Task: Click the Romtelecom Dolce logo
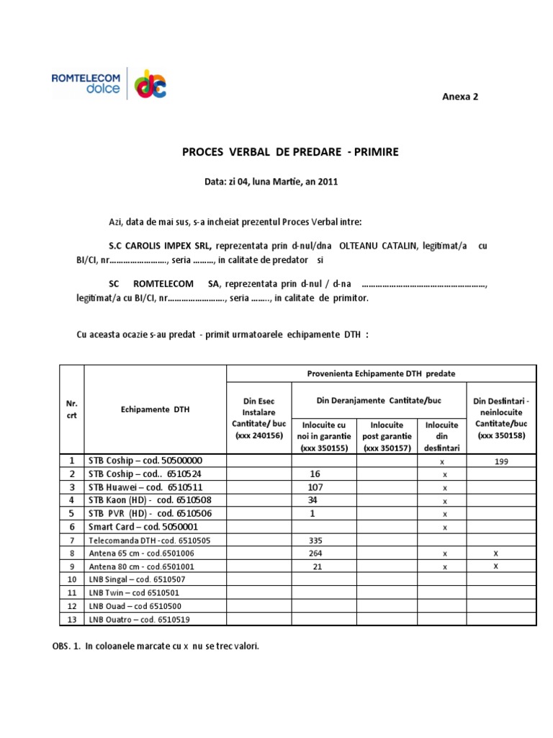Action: pyautogui.click(x=108, y=83)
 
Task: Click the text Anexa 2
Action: pyautogui.click(x=459, y=97)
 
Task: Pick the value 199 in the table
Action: pyautogui.click(x=502, y=461)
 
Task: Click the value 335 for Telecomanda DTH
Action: pyautogui.click(x=315, y=541)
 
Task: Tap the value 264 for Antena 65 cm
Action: pyautogui.click(x=315, y=553)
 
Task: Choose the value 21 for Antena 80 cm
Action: pyautogui.click(x=317, y=566)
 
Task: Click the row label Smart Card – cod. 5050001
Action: pyautogui.click(x=144, y=527)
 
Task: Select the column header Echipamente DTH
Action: pyautogui.click(x=156, y=409)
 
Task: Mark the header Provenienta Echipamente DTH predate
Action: pyautogui.click(x=381, y=373)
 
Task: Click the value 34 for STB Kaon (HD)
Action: pyautogui.click(x=313, y=500)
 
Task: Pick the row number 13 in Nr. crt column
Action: pyautogui.click(x=71, y=620)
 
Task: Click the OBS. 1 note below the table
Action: pyautogui.click(x=156, y=646)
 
